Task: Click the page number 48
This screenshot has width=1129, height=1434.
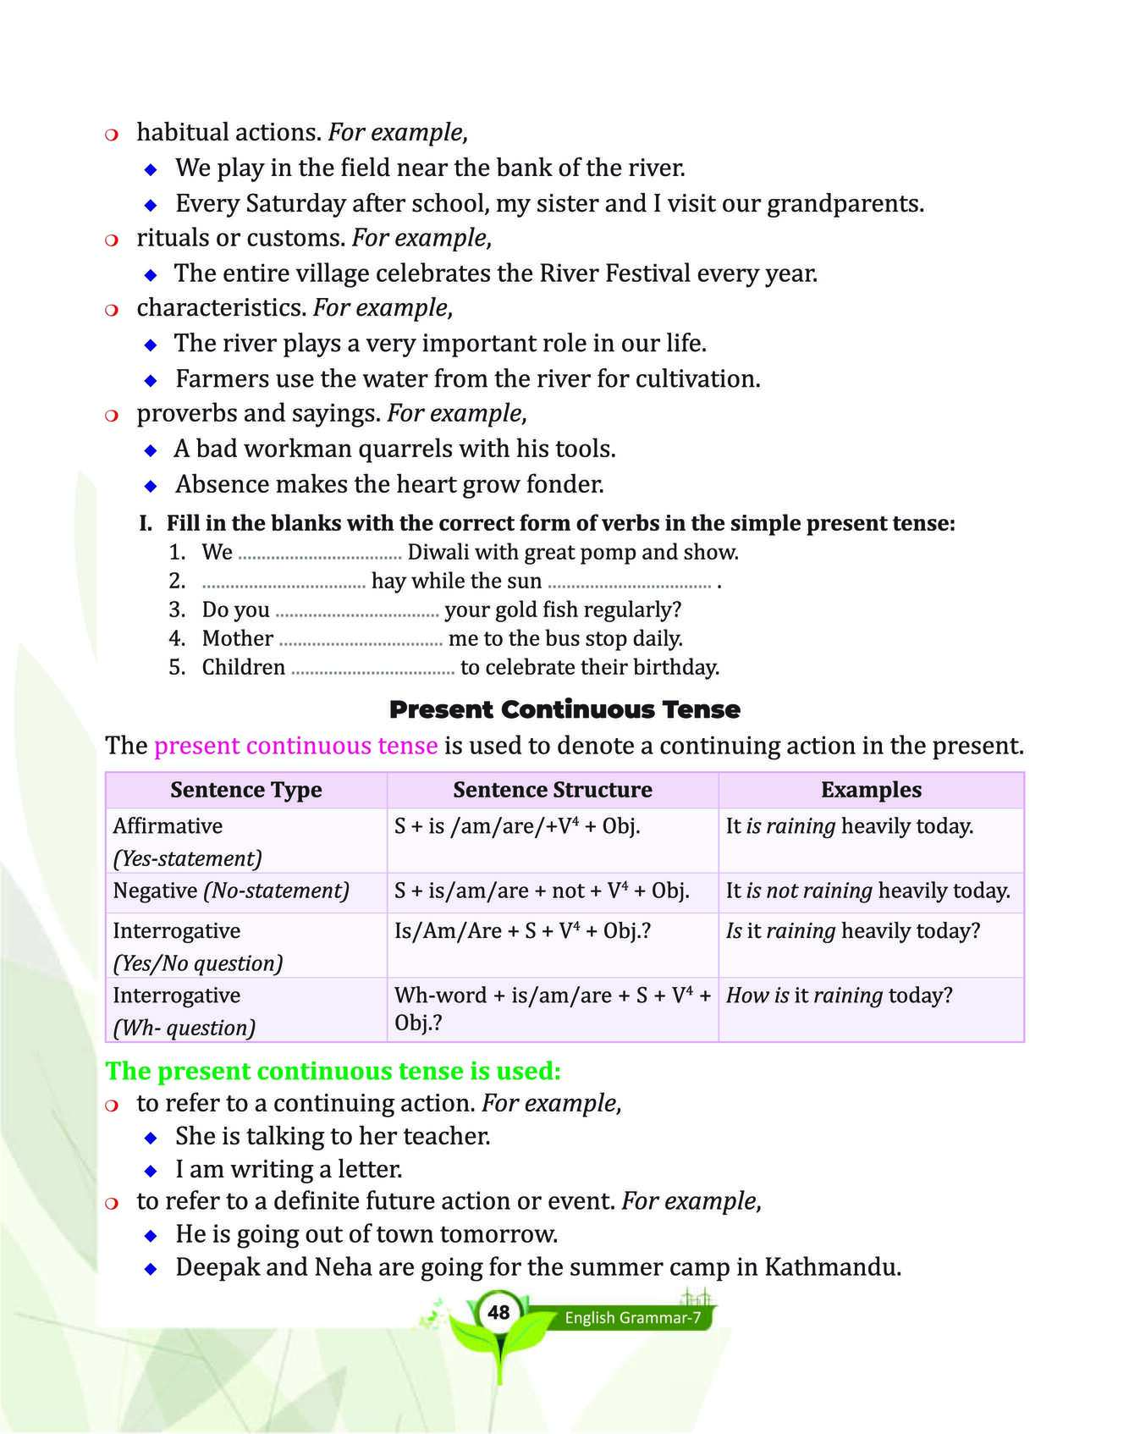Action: click(x=498, y=1312)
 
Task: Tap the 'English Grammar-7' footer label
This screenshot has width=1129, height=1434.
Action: click(x=632, y=1318)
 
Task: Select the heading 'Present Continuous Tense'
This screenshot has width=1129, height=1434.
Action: click(x=564, y=709)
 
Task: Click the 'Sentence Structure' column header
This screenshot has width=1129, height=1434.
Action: click(x=553, y=790)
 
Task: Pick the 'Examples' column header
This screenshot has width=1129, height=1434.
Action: click(x=871, y=790)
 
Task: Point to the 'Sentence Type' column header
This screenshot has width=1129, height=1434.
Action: click(x=246, y=790)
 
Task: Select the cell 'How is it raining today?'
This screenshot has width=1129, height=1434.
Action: click(x=839, y=996)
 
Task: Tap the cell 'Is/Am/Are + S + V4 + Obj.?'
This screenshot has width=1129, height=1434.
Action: click(x=522, y=931)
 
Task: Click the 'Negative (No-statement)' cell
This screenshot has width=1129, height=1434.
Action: click(x=231, y=891)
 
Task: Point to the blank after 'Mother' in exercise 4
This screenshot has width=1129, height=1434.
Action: click(x=361, y=640)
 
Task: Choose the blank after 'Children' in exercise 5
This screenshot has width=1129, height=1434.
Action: click(x=372, y=669)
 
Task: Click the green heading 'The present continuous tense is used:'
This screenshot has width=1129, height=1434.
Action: click(x=333, y=1071)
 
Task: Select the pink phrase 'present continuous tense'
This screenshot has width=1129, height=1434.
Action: click(x=296, y=746)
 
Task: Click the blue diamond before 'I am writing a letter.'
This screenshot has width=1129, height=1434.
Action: click(x=151, y=1171)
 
